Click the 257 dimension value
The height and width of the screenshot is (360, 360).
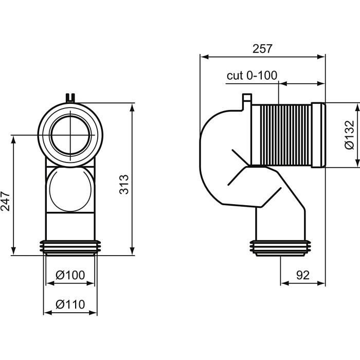pos(262,49)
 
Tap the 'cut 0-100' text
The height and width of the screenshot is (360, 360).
pos(252,75)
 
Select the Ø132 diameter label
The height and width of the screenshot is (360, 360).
pos(349,135)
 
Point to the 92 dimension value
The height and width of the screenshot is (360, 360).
pos(303,275)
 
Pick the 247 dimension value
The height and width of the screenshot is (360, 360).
pos(6,202)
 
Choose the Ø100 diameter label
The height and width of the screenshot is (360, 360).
pos(70,275)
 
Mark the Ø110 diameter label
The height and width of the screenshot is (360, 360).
pos(70,304)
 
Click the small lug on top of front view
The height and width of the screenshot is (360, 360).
pos(70,98)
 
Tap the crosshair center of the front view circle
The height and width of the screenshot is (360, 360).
pos(70,135)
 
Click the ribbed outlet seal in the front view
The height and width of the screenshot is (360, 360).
pos(70,248)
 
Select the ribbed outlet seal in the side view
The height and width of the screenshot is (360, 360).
pos(280,248)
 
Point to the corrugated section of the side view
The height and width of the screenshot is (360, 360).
pos(285,135)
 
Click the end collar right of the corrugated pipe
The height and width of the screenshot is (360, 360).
pos(318,135)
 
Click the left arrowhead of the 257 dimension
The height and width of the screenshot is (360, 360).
pos(204,57)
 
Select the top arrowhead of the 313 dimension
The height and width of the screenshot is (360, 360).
pos(132,107)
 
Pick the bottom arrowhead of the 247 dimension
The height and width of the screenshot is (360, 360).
pos(13,251)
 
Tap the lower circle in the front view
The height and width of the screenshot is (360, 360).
pos(70,189)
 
